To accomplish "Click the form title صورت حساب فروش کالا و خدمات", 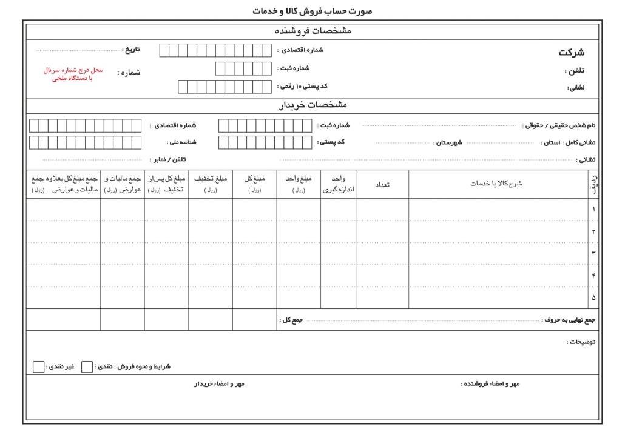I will point(312,11).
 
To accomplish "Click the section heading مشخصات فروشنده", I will point(312,31).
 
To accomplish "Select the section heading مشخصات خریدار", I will point(312,105).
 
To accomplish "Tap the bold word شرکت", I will point(571,53).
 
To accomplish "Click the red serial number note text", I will point(73,74).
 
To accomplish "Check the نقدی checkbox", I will point(87,367).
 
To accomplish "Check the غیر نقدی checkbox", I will point(39,367).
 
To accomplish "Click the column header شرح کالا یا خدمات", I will point(496,184).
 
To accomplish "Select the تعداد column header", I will point(382,184).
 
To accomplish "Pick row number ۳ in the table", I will point(593,254).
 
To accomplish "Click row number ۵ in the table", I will point(593,297).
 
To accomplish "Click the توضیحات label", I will point(581,342).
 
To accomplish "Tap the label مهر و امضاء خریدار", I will point(219,384).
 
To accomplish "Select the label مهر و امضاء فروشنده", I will point(490,384).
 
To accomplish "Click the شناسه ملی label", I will point(181,142).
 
